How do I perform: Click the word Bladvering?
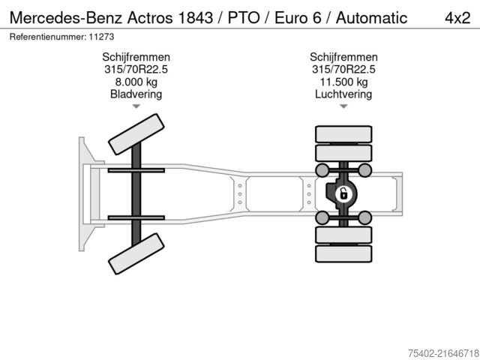click(x=136, y=94)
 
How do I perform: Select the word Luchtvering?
click(x=343, y=94)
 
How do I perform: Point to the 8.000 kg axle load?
click(x=136, y=82)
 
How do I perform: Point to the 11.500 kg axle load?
click(x=343, y=82)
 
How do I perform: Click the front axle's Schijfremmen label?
click(x=136, y=57)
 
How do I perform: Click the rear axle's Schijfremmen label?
click(x=343, y=57)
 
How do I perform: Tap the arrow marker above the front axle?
click(x=136, y=107)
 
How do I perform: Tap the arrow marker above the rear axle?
click(x=343, y=107)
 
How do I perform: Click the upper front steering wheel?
click(x=136, y=135)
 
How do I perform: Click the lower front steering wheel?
click(x=136, y=253)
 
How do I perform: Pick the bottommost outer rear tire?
click(x=343, y=253)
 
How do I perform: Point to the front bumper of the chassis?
click(x=82, y=194)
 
